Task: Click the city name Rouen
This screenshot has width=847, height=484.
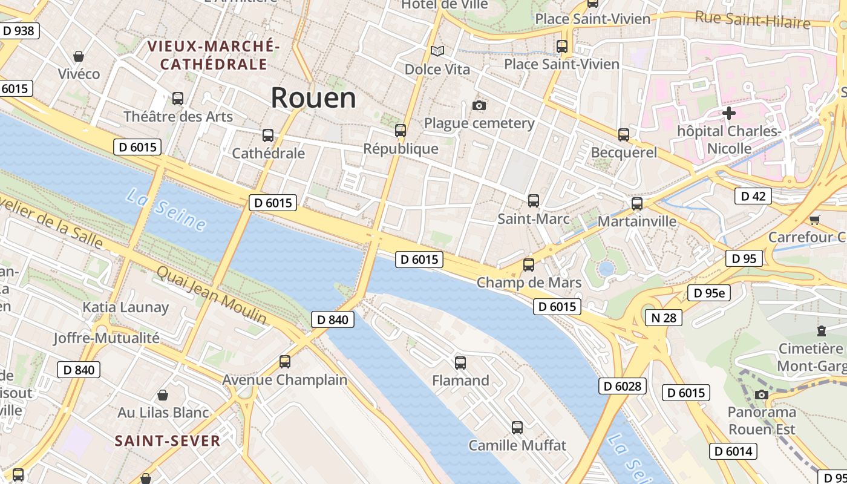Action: point(313,97)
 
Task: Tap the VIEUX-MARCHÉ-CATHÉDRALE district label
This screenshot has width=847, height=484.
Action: point(214,55)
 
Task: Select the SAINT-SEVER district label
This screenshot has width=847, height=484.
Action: point(168,441)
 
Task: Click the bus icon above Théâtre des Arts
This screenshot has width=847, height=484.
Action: point(178,98)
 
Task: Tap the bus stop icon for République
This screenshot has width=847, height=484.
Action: point(401,130)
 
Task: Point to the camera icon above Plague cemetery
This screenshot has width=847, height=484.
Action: point(479,106)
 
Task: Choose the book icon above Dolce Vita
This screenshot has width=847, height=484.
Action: point(437,51)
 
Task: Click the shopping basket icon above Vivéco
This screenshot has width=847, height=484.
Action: point(79,56)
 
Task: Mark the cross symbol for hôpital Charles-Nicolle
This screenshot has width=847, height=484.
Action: point(729,113)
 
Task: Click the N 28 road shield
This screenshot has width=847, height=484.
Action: point(663,318)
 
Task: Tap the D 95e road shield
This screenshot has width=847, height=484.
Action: point(709,293)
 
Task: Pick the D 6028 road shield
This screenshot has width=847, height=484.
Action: point(623,386)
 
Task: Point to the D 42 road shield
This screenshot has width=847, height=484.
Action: point(753,196)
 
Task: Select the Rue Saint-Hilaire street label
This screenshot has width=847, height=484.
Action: point(752,19)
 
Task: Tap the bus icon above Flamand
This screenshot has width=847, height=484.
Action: point(460,363)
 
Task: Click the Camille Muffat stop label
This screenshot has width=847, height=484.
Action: point(517,446)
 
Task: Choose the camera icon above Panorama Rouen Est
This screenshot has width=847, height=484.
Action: point(762,395)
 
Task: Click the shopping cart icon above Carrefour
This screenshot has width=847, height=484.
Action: point(815,220)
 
